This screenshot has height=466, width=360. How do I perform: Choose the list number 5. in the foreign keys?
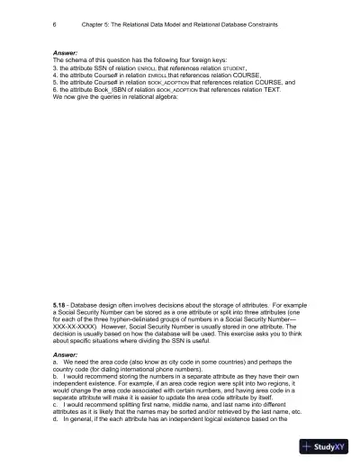pos(55,81)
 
